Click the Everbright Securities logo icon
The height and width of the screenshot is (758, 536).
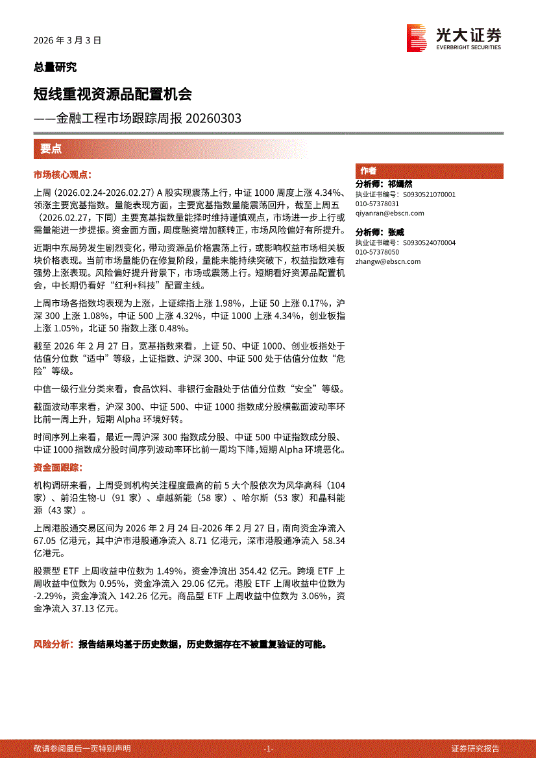(x=416, y=38)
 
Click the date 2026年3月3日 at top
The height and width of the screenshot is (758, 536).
(x=67, y=40)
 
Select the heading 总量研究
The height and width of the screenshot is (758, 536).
(x=55, y=67)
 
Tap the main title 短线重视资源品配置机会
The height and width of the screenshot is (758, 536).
(x=112, y=94)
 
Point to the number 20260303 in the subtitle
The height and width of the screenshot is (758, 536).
(x=213, y=119)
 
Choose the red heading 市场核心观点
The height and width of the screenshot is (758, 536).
(x=62, y=175)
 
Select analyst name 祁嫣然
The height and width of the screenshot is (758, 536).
(x=400, y=185)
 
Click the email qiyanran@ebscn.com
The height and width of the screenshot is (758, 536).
(x=389, y=213)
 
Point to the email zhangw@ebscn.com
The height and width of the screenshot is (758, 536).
(x=387, y=261)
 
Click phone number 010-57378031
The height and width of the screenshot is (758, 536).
(x=377, y=204)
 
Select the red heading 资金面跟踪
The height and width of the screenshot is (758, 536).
(x=58, y=468)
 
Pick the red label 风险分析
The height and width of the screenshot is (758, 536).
(x=53, y=645)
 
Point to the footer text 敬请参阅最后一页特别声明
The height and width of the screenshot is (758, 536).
(x=82, y=748)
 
